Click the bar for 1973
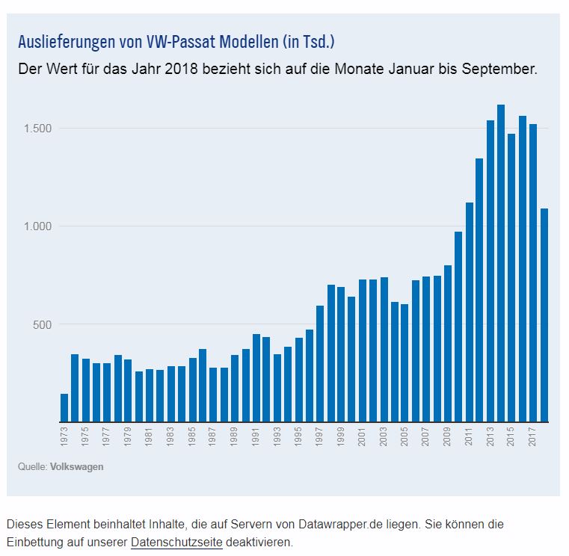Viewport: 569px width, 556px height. [x=64, y=407]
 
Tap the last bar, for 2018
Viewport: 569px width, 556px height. [x=544, y=315]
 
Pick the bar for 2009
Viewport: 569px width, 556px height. [x=448, y=343]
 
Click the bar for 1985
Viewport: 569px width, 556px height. [x=192, y=389]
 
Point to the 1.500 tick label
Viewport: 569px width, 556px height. [x=37, y=129]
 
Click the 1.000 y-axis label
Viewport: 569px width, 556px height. [x=37, y=226]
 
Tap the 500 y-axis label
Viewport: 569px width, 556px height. [x=42, y=324]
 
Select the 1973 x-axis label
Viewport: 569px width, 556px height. [x=64, y=437]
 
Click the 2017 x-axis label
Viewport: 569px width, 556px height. [x=533, y=437]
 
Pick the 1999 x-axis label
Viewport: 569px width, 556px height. [x=342, y=437]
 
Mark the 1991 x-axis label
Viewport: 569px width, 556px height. [x=256, y=437]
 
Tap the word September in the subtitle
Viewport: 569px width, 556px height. [x=498, y=70]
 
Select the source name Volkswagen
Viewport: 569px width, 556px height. [x=77, y=467]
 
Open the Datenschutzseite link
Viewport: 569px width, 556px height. [x=176, y=542]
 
